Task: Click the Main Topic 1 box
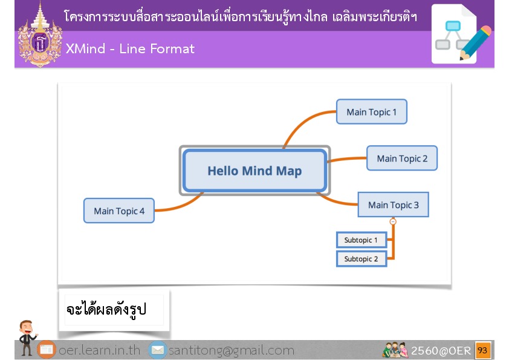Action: [372, 112]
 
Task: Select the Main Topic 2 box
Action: [402, 159]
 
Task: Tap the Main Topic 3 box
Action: [393, 205]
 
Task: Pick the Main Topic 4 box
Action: [119, 211]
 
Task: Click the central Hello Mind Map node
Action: [255, 171]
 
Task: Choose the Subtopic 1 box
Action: [361, 240]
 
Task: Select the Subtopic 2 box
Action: [361, 259]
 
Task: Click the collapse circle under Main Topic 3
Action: [393, 221]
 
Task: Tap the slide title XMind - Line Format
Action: [130, 49]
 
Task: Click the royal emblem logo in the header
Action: [40, 36]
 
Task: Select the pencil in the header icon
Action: [475, 43]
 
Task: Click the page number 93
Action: [482, 350]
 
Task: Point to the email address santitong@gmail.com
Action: [232, 350]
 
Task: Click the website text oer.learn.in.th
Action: [99, 350]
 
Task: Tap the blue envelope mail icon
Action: [158, 350]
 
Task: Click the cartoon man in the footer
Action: [27, 337]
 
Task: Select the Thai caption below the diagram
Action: [106, 309]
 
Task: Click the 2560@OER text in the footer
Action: [441, 350]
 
